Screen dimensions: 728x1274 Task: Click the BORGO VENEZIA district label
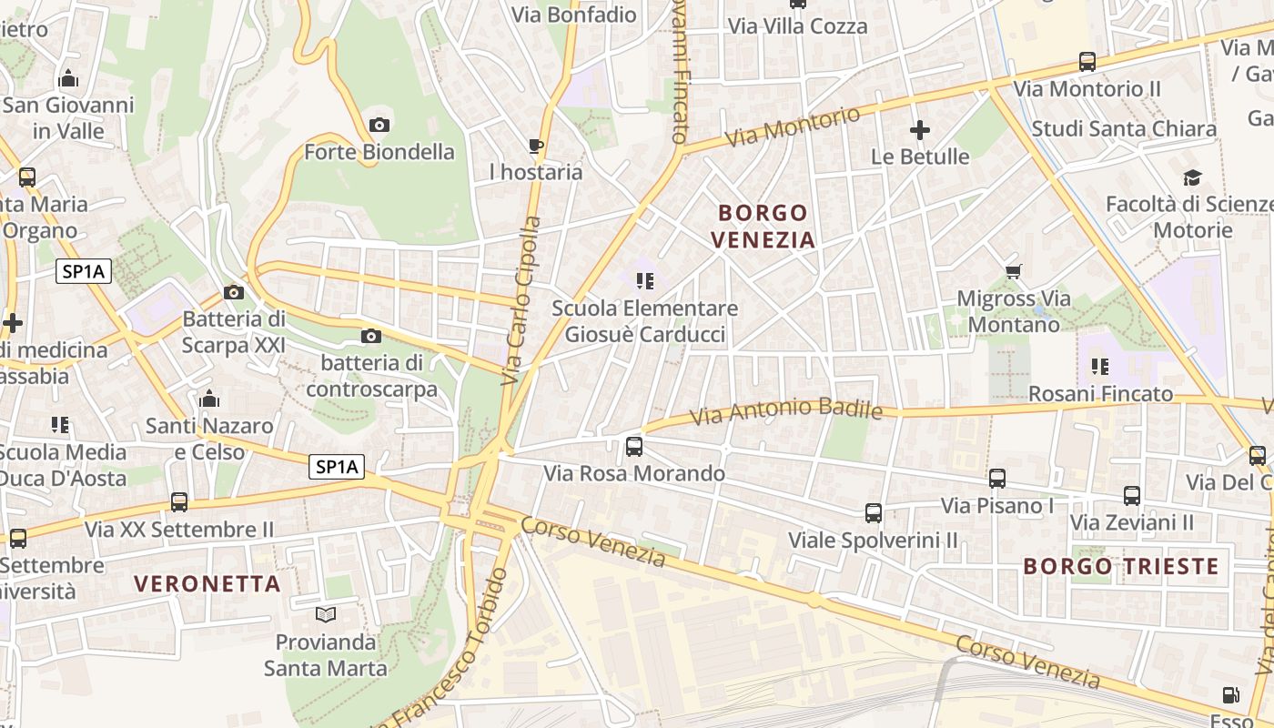point(763,227)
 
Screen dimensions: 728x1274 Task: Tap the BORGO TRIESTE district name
point(1120,566)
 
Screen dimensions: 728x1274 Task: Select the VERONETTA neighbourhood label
point(207,584)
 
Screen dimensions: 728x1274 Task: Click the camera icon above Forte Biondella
point(379,125)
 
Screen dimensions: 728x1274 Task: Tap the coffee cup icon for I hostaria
point(536,146)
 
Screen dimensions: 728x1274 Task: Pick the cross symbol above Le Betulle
point(920,130)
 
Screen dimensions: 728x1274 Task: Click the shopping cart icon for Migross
point(1013,271)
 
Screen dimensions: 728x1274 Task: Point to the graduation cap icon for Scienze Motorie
point(1192,177)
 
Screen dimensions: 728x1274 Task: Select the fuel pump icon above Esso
point(1230,695)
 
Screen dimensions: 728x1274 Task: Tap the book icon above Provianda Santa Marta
point(325,614)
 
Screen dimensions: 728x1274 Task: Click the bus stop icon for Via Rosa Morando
point(634,447)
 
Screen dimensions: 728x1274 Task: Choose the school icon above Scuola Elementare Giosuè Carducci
point(645,281)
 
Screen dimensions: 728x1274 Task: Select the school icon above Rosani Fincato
point(1099,367)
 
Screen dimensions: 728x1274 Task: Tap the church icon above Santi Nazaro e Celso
point(209,399)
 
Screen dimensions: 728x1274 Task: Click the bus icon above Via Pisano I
point(997,478)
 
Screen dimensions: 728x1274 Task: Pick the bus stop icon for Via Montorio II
point(1087,62)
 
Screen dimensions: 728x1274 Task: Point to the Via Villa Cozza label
point(797,26)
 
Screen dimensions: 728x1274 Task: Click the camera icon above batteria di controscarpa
point(370,337)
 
